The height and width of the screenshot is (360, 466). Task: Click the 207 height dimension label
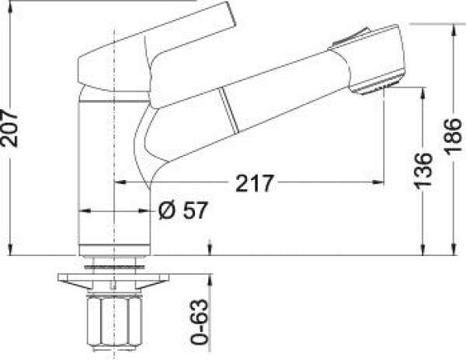[x=9, y=128]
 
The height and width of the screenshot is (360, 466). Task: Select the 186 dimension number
[x=454, y=137]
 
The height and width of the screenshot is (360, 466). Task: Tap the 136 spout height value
[x=423, y=171]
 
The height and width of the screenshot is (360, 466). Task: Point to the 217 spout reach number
[x=254, y=183]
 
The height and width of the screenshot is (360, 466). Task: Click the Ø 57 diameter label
[x=183, y=210]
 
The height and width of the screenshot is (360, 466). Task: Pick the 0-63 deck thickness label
[x=199, y=322]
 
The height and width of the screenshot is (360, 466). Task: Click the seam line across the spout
[x=229, y=110]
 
